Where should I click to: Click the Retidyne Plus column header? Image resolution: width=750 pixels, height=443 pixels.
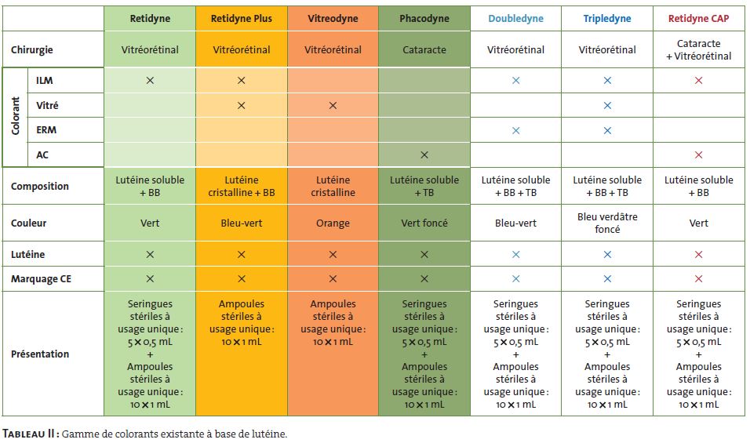tap(241, 19)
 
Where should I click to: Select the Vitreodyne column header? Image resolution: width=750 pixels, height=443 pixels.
tap(333, 19)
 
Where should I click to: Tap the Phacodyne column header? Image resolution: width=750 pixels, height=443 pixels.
tap(424, 19)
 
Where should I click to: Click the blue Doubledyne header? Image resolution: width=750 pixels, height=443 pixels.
tap(515, 19)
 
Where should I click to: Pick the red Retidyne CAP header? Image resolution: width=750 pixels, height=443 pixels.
tap(698, 19)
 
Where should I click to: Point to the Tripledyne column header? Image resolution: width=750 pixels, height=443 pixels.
tap(607, 19)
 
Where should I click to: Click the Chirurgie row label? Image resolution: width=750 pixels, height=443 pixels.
tap(33, 49)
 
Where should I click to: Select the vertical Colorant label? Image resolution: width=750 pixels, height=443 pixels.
tap(15, 117)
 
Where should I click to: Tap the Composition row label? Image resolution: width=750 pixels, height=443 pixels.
tap(39, 186)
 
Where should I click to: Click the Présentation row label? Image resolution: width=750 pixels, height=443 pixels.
tap(40, 354)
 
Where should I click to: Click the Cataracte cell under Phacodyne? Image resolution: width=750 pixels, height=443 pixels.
tap(424, 49)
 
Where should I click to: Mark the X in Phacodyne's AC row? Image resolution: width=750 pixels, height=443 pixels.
tap(424, 154)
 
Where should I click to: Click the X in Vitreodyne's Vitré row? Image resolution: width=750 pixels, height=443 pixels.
tap(333, 105)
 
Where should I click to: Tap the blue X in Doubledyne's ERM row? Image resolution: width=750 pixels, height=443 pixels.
tap(515, 130)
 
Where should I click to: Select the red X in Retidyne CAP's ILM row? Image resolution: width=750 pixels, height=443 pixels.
tap(698, 81)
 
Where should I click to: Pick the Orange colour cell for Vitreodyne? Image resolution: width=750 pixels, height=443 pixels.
tap(333, 223)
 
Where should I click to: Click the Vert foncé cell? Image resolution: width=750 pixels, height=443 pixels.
tap(424, 223)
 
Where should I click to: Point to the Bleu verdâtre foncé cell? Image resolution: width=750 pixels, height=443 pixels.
tap(607, 223)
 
